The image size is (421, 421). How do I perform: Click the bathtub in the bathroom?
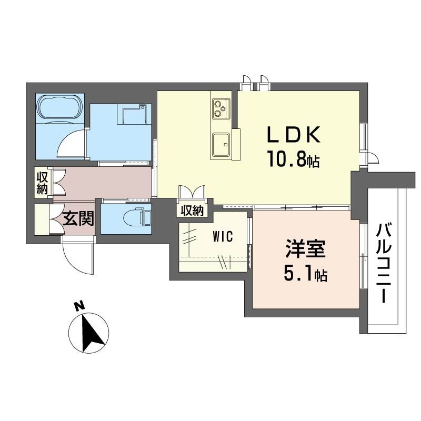pyautogui.click(x=60, y=107)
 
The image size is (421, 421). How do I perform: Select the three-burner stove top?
pyautogui.click(x=221, y=109)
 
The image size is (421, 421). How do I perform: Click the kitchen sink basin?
pyautogui.click(x=221, y=144)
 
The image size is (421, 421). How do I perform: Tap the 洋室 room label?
pyautogui.click(x=306, y=249)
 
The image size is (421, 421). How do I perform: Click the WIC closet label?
pyautogui.click(x=223, y=236)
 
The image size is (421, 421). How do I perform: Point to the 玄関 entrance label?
pyautogui.click(x=78, y=218)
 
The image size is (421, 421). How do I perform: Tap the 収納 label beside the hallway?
pyautogui.click(x=42, y=183)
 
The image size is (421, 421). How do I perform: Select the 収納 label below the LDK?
pyautogui.click(x=192, y=211)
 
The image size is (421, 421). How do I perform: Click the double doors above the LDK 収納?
pyautogui.click(x=192, y=192)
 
